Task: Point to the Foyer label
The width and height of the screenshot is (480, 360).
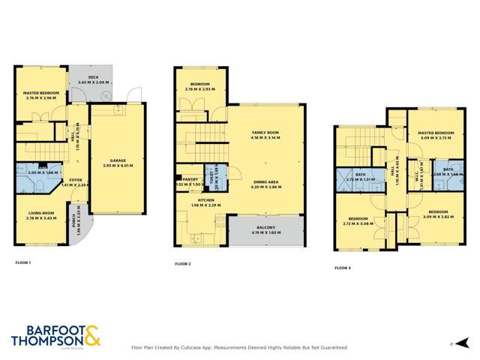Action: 76,180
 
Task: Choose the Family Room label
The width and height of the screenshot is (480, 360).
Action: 265,133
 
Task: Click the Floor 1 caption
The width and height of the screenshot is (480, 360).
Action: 23,263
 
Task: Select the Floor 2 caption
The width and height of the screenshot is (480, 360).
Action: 183,264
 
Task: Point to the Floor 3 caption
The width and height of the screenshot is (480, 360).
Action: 342,268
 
